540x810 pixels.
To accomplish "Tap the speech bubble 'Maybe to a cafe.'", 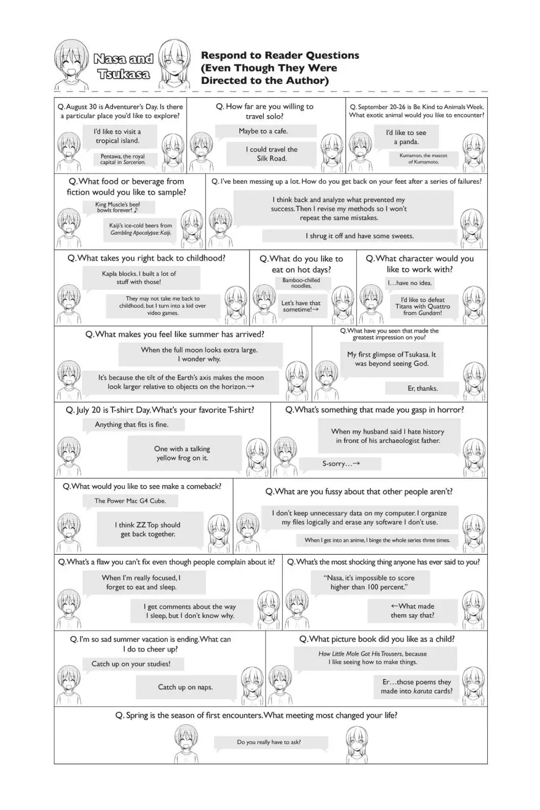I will point(263,131).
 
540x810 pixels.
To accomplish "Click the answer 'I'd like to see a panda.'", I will point(406,137).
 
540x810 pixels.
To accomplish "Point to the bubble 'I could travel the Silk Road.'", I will point(272,154).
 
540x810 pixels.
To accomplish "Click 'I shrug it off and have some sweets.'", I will point(359,236).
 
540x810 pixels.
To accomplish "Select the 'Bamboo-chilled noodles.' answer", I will point(301,283).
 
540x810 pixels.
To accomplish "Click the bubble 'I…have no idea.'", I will point(410,283).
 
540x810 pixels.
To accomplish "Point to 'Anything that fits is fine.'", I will point(131,424).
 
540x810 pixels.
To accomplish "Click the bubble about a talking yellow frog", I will point(182,453).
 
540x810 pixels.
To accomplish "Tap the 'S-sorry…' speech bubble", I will point(341,464).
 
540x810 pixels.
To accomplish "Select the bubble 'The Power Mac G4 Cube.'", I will point(130,501).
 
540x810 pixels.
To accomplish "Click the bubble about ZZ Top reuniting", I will point(147,529).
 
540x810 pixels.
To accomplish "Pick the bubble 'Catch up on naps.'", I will point(185,687).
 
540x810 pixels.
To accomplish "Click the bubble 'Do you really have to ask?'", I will point(269,742).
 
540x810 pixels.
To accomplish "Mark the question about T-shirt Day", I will point(160,410).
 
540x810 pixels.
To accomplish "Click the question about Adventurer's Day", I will point(120,111).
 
